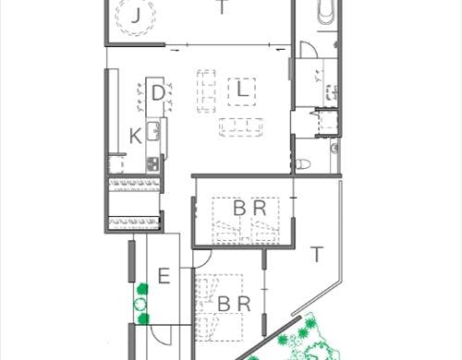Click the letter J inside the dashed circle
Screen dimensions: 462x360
point(136,16)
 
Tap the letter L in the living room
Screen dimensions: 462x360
point(243,90)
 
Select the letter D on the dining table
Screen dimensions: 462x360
point(158,93)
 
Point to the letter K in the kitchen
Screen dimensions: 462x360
point(136,136)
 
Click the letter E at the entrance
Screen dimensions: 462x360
point(164,276)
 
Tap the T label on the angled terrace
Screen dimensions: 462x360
point(317,254)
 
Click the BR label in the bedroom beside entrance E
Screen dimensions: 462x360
point(234,304)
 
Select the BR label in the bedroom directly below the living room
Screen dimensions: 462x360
point(249,208)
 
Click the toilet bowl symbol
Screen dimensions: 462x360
point(303,164)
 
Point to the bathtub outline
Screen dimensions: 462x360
point(326,12)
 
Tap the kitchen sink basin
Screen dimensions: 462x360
point(153,131)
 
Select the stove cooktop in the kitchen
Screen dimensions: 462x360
point(152,163)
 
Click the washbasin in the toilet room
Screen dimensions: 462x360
point(334,149)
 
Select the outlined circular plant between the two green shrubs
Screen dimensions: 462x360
point(140,305)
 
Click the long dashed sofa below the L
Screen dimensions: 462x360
point(241,127)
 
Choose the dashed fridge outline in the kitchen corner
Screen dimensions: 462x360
point(116,164)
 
